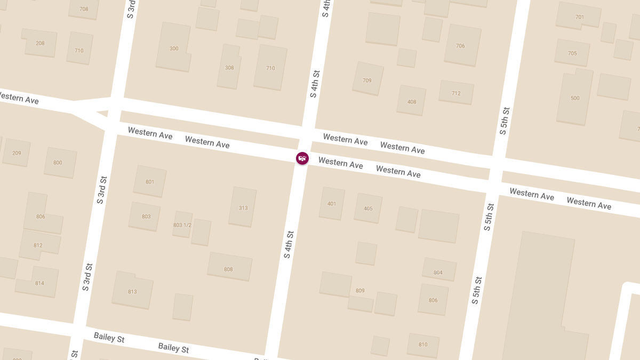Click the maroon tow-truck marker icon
point(302,158)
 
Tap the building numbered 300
point(174,48)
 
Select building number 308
point(229,68)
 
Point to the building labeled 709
point(367,80)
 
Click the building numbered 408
point(412,101)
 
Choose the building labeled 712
point(456,93)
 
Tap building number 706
point(461,46)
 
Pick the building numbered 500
point(575,98)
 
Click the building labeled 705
point(572,53)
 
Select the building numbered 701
point(579,17)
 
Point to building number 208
point(41,43)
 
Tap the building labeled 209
point(17,153)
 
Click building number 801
point(150,182)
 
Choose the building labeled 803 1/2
point(182,225)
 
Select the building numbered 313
point(243,207)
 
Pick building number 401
point(332,203)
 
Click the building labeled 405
point(368,208)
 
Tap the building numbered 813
point(132,291)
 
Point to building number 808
point(229,269)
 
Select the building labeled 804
point(438,272)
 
